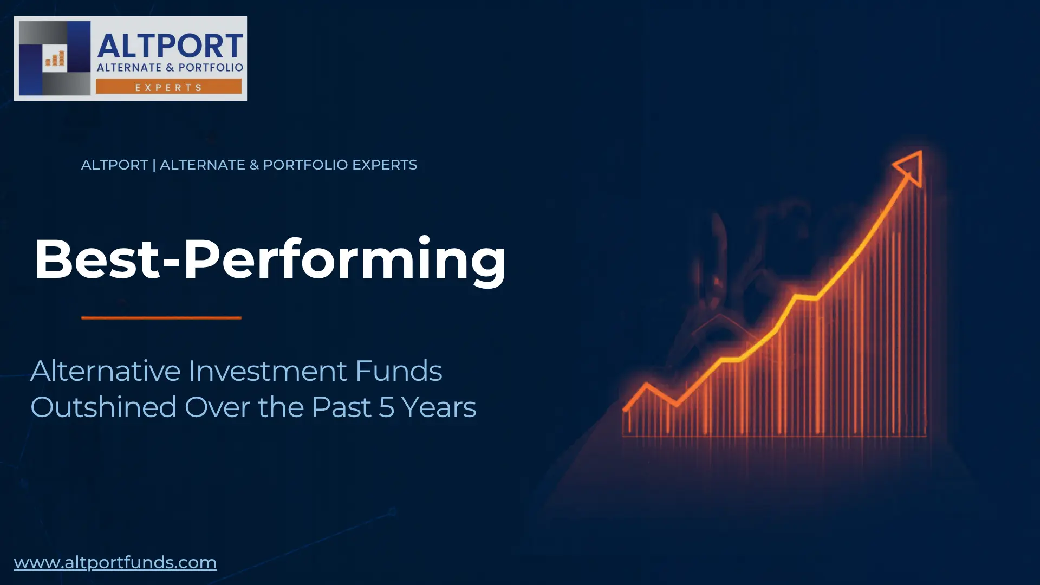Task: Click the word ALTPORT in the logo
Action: tap(170, 45)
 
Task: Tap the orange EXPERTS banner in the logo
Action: tap(168, 87)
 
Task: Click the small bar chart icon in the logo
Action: tap(55, 58)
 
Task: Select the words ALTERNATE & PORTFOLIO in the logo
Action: tap(170, 68)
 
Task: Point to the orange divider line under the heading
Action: tap(161, 318)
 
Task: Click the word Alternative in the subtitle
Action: tap(105, 371)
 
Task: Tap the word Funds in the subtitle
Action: tap(399, 371)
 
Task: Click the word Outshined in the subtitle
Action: tap(103, 407)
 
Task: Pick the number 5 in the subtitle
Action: tap(386, 407)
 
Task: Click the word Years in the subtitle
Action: tap(439, 407)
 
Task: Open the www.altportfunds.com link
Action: tap(115, 562)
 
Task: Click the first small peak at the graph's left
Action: tap(646, 385)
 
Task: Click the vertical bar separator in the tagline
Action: tap(154, 165)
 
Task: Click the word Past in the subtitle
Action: tap(341, 407)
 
